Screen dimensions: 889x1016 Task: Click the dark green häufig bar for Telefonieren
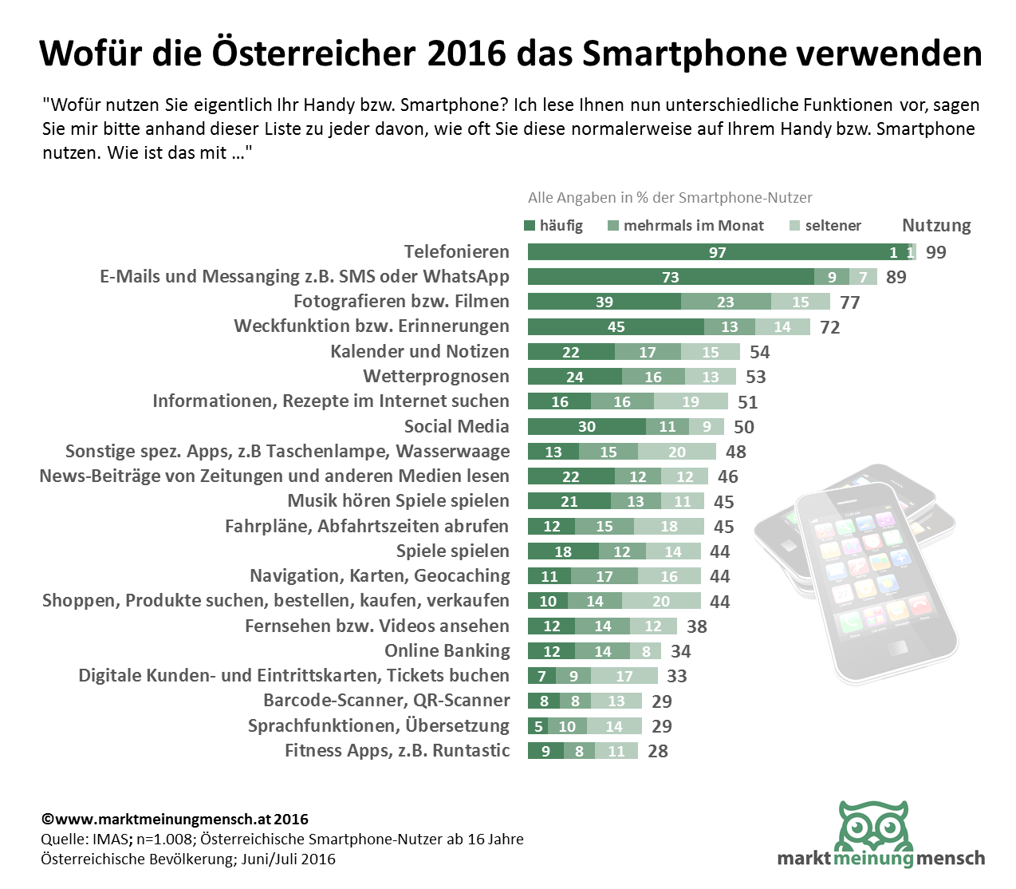717,252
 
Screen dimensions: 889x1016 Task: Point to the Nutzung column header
936,226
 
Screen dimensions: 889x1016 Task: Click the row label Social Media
456,426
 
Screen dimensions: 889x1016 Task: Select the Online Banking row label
447,650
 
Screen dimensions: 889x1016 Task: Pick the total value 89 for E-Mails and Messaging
896,277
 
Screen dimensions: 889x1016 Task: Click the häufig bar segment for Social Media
586,426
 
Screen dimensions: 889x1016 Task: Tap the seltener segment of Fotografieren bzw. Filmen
800,302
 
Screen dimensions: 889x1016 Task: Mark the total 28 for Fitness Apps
658,751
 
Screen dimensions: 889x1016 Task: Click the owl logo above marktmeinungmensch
875,827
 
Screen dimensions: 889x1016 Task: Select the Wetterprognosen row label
436,376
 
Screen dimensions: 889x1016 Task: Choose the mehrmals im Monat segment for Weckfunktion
729,326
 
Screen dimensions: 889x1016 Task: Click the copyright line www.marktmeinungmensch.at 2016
175,820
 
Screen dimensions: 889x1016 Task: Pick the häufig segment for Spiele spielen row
563,551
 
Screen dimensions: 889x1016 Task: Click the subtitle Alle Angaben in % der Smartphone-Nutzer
670,198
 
